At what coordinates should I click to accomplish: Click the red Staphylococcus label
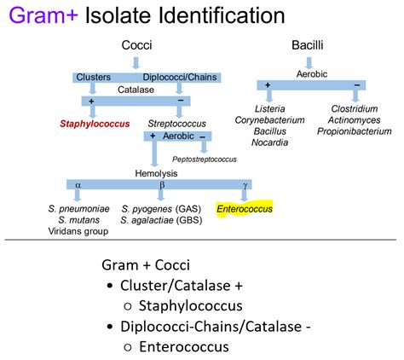(x=95, y=124)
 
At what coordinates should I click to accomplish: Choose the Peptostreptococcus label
(x=205, y=159)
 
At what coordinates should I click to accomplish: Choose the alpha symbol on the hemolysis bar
(x=78, y=183)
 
